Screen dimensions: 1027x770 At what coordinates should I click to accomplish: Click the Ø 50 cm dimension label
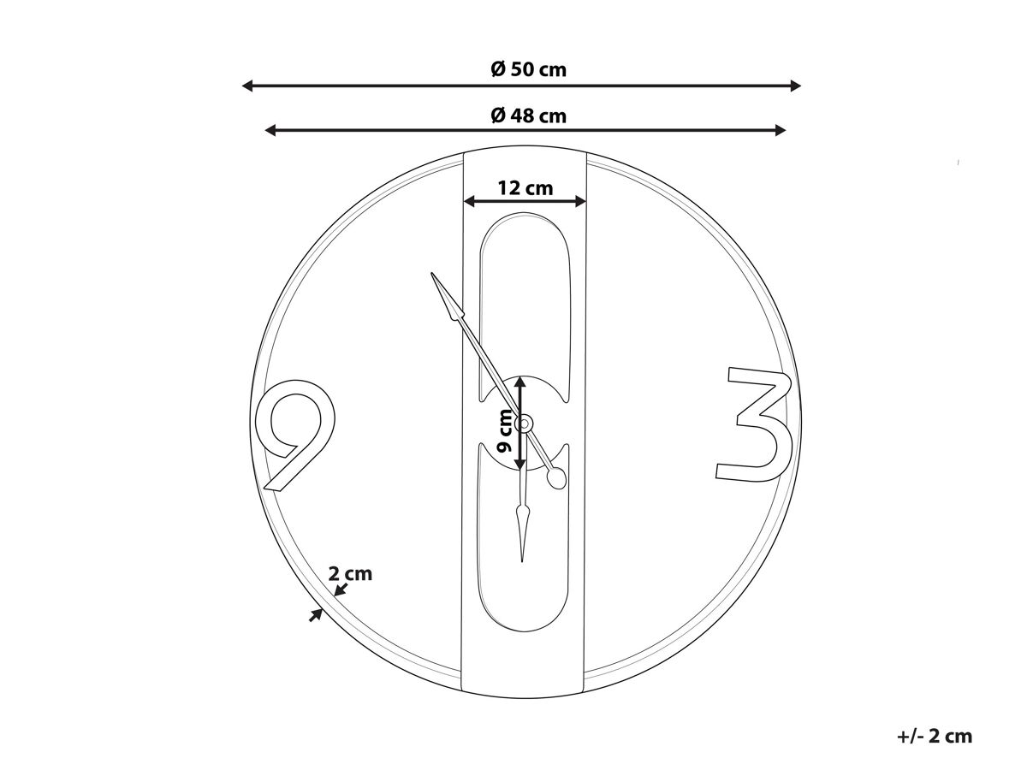[528, 69]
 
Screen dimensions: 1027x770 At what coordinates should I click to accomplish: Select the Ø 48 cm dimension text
[528, 115]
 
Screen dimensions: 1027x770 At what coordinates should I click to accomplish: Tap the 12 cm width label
[525, 188]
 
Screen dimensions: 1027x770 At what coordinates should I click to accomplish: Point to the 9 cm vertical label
[504, 430]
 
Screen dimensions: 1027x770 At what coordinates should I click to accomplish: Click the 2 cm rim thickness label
[350, 573]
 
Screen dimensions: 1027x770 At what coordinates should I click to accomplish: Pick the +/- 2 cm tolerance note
[935, 736]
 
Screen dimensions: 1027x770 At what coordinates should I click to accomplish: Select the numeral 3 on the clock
[754, 424]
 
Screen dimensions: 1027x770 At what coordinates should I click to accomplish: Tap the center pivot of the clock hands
[524, 424]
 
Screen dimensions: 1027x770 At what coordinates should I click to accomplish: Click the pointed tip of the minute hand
[431, 274]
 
